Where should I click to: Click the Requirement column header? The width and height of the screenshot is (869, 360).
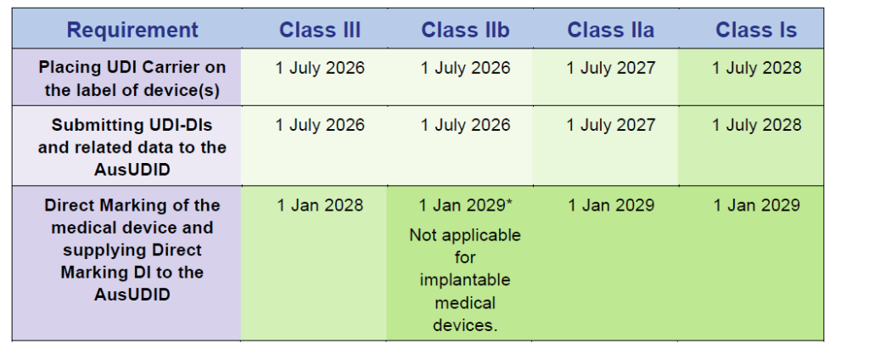132,30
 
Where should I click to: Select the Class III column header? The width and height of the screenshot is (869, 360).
320,30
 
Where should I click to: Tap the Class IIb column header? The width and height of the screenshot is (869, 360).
465,30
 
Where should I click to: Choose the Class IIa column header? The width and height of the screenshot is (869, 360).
610,30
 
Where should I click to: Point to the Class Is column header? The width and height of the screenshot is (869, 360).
756,30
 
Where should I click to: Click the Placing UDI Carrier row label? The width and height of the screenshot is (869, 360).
132,79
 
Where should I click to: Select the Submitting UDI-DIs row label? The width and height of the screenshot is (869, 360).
132,147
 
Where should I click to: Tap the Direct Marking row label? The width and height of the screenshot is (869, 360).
132,250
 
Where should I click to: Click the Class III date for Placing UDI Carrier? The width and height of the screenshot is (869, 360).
320,68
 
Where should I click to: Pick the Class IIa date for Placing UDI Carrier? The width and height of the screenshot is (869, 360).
610,68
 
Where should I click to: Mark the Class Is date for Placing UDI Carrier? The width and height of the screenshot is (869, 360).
756,68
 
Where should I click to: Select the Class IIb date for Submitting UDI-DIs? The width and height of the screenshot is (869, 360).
465,125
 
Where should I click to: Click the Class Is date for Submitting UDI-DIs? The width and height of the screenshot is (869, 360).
756,125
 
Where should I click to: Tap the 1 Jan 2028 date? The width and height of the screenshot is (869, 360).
320,205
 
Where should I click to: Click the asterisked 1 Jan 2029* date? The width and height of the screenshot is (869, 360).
465,205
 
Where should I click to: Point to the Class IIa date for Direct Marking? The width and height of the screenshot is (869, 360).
611,205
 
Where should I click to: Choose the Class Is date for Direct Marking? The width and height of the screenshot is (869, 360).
756,205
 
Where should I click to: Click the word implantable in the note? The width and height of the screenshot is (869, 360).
465,280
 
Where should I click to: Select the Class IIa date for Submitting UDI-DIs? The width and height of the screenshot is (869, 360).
610,125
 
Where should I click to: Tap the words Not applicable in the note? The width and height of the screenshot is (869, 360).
465,235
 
